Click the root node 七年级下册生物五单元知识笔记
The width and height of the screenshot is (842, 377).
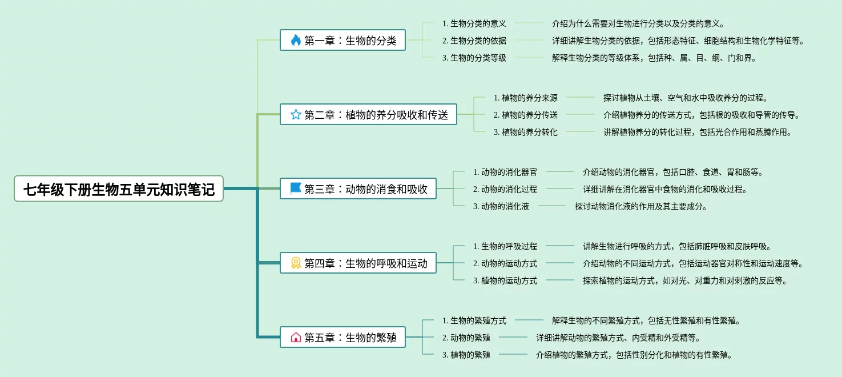[x=119, y=188]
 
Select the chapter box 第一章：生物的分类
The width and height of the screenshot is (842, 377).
[x=343, y=40]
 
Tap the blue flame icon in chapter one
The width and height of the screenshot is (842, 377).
[x=296, y=40]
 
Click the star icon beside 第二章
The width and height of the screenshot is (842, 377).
[x=296, y=114]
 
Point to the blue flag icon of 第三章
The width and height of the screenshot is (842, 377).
[x=296, y=188]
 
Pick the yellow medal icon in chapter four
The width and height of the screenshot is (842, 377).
[x=296, y=263]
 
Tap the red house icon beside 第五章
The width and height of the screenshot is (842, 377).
[x=296, y=337]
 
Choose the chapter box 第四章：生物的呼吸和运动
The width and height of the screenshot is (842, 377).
[x=358, y=263]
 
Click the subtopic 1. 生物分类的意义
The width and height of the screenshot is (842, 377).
[x=474, y=23]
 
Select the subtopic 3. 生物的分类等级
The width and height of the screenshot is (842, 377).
[x=474, y=58]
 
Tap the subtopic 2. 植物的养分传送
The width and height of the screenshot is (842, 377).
[x=525, y=115]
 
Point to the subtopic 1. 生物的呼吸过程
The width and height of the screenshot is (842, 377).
[x=505, y=246]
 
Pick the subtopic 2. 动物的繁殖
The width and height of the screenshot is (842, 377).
[x=466, y=338]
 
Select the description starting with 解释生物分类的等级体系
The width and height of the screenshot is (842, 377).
[x=654, y=58]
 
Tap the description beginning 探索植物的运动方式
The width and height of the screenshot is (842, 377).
[x=685, y=280]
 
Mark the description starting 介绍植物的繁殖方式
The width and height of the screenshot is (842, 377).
[x=634, y=355]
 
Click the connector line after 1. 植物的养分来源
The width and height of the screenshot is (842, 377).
[x=580, y=98]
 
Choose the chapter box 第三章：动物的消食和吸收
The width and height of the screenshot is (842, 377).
[x=358, y=188]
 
